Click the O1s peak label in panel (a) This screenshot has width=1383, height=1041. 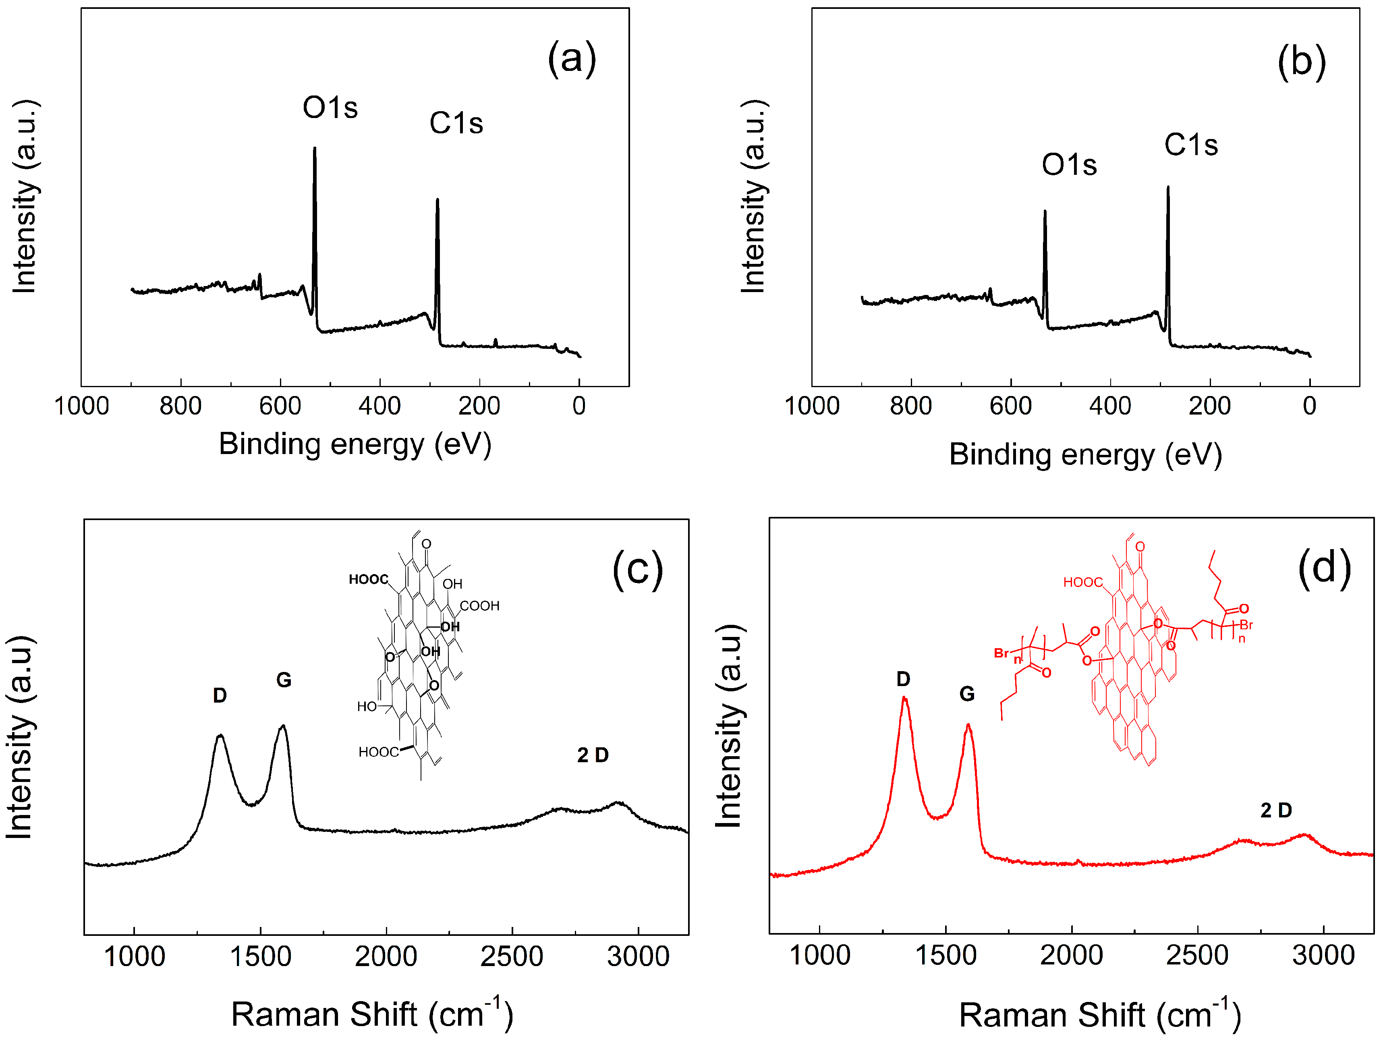330,108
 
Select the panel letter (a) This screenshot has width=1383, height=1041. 572,59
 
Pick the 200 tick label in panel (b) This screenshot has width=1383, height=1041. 1209,406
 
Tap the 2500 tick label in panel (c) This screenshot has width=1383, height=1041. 512,956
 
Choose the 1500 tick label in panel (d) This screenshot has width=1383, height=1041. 945,955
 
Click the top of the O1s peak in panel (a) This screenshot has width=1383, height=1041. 315,149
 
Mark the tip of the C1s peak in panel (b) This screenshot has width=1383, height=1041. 1167,187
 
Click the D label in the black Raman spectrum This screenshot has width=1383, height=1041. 220,695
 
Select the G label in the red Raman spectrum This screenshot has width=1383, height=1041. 966,693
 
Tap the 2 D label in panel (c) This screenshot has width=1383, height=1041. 592,755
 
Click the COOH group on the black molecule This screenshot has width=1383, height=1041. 479,606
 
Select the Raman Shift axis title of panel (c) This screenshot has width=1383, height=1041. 372,1014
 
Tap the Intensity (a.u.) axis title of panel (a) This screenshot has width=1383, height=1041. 25,196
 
